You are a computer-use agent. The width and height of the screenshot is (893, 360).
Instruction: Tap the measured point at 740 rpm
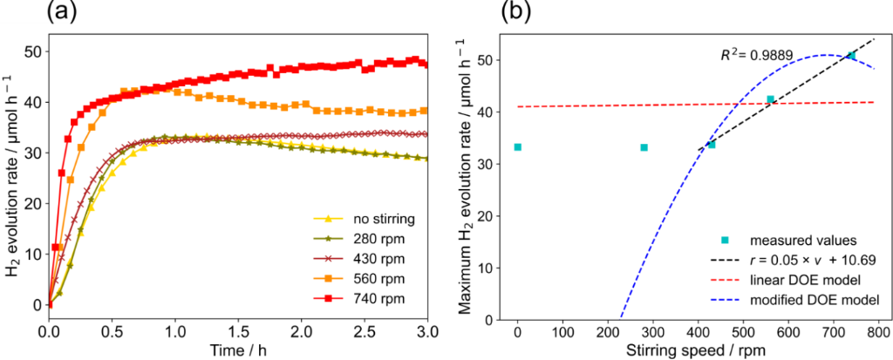[x=851, y=55]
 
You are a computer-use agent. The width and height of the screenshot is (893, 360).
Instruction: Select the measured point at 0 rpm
[x=518, y=147]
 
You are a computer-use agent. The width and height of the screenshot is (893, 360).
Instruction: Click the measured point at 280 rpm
[x=644, y=147]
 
